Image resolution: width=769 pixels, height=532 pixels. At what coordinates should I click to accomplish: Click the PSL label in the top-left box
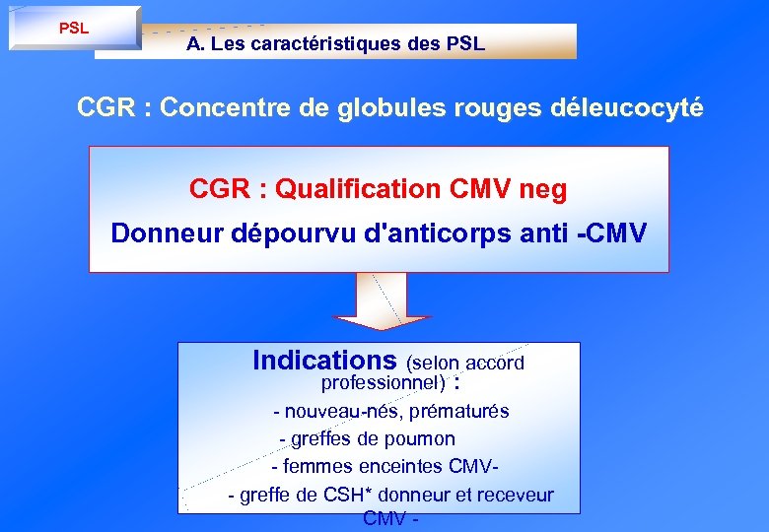point(74,29)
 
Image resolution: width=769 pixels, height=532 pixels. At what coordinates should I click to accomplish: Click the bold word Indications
point(324,361)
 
